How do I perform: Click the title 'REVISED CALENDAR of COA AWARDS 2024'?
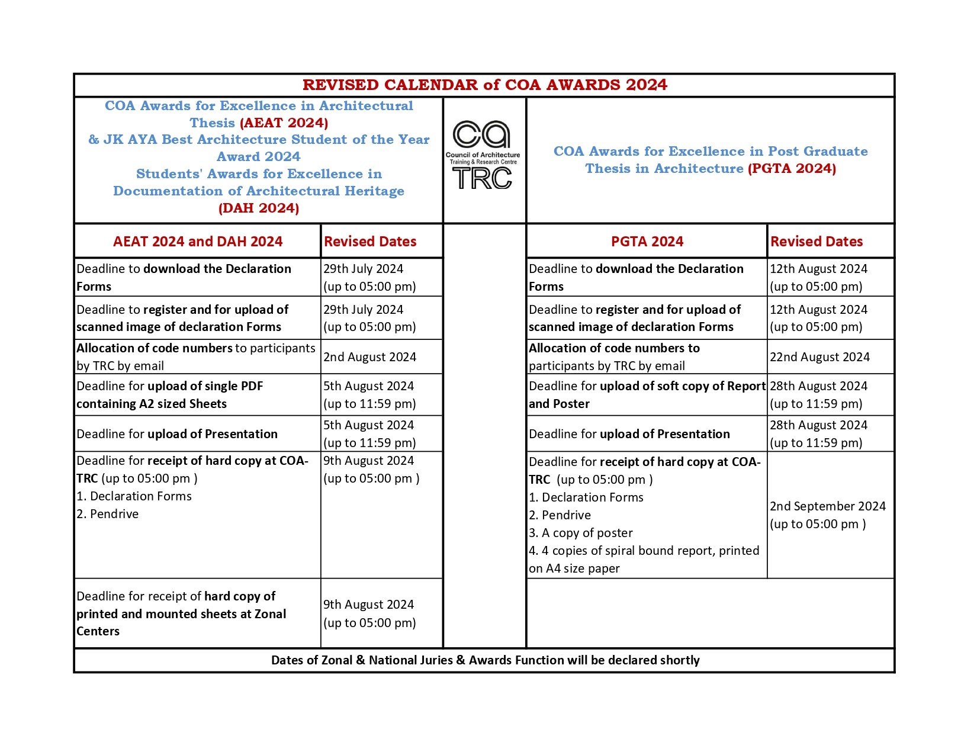(484, 85)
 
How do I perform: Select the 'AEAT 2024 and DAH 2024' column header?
(198, 242)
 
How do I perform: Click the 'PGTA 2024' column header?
(647, 242)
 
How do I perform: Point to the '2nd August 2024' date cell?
(370, 357)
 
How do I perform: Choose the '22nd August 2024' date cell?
(819, 357)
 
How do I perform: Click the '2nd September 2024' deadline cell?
(827, 515)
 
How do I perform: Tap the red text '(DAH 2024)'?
(259, 208)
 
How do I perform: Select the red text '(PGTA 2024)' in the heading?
(792, 169)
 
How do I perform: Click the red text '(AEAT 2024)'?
(284, 123)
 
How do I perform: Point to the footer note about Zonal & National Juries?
(484, 660)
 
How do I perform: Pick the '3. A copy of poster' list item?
(581, 533)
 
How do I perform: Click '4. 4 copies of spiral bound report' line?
(644, 551)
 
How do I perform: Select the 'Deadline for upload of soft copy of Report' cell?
(647, 395)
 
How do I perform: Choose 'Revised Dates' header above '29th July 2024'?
(370, 242)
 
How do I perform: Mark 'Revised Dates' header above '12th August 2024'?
(817, 242)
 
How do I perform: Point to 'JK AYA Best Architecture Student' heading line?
(259, 140)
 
